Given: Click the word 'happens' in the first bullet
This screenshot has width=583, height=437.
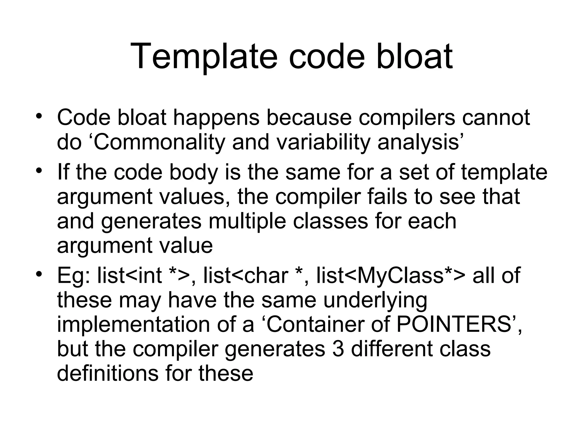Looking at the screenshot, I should [x=216, y=118].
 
